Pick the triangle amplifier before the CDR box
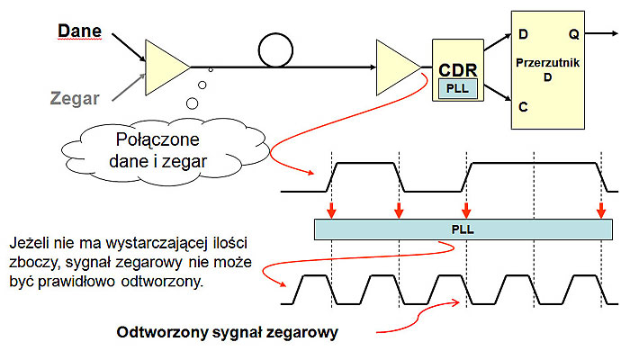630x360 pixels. (396, 65)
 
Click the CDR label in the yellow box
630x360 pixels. (455, 69)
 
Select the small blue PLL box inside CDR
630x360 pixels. (456, 88)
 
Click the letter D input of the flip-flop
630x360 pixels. (523, 35)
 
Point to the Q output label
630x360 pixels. (573, 35)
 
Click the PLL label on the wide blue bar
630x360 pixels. (462, 229)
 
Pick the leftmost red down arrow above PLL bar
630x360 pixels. (333, 211)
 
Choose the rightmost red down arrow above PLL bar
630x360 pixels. (600, 211)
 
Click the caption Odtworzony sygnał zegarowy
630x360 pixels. (227, 332)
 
